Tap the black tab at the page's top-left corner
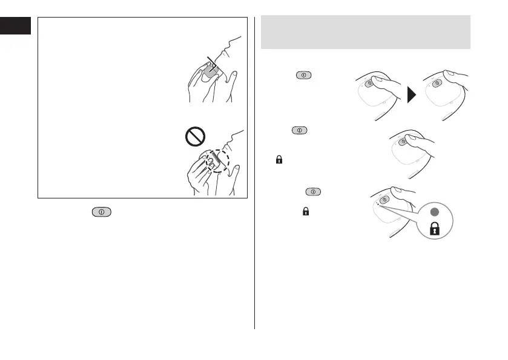pyautogui.click(x=15, y=26)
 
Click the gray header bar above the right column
pyautogui.click(x=365, y=33)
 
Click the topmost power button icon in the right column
pyautogui.click(x=303, y=76)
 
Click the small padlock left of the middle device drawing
pyautogui.click(x=279, y=160)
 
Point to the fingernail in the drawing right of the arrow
pyautogui.click(x=452, y=74)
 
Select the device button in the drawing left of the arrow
pyautogui.click(x=366, y=85)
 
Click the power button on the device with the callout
pyautogui.click(x=383, y=200)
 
